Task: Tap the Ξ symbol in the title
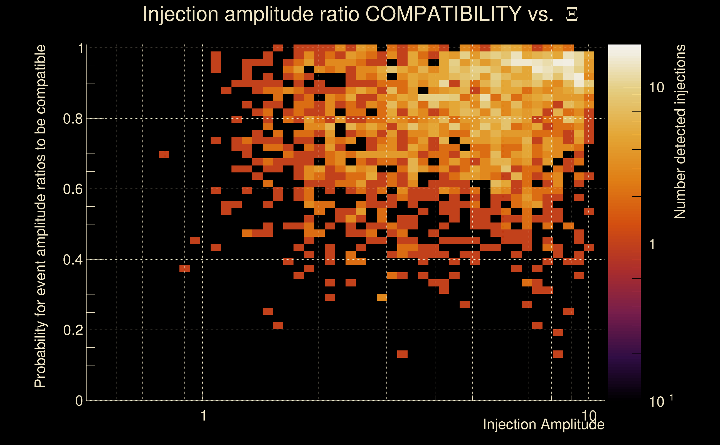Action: [x=572, y=14]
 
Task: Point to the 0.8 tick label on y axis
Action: [x=73, y=119]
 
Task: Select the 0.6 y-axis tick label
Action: [x=73, y=189]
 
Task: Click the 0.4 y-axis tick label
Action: [x=73, y=260]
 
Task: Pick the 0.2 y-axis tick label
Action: [x=73, y=330]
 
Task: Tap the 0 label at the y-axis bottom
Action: [x=79, y=401]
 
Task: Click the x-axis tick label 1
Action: [x=203, y=416]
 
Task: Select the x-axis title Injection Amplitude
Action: [x=544, y=424]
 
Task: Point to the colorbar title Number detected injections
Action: [x=680, y=132]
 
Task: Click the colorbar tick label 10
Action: [x=656, y=87]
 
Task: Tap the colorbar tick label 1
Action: [x=652, y=244]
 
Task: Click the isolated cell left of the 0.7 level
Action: [x=164, y=155]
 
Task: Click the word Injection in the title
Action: [x=180, y=14]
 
